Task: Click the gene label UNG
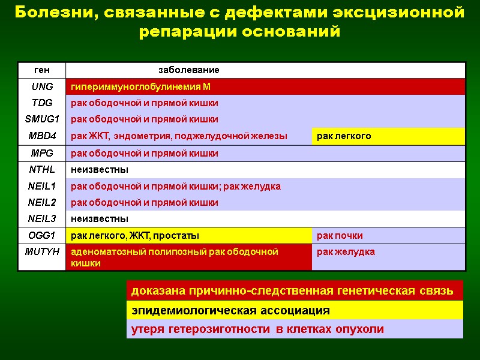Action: pyautogui.click(x=42, y=87)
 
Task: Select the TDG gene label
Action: pyautogui.click(x=42, y=103)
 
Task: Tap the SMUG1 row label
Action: pyautogui.click(x=42, y=119)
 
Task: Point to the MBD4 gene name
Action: pyautogui.click(x=42, y=136)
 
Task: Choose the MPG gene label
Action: pyautogui.click(x=42, y=154)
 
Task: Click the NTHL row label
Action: pyautogui.click(x=42, y=170)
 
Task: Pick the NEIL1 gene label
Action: pyautogui.click(x=42, y=187)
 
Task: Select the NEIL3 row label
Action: pyautogui.click(x=42, y=218)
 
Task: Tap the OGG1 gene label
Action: pyautogui.click(x=42, y=235)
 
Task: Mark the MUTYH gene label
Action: pyautogui.click(x=42, y=251)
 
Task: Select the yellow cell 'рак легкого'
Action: pyautogui.click(x=344, y=136)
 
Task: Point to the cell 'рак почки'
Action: pyautogui.click(x=340, y=235)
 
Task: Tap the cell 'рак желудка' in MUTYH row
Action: pyautogui.click(x=346, y=251)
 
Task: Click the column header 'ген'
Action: pyautogui.click(x=42, y=70)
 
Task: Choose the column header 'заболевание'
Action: pyautogui.click(x=188, y=70)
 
